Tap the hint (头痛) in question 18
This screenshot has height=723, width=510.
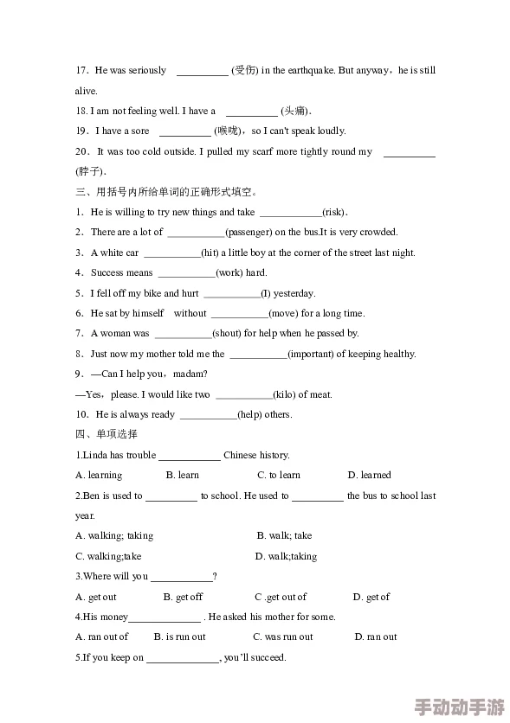[295, 111]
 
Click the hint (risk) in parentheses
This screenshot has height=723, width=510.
[334, 212]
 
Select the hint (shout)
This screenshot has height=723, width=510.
[227, 333]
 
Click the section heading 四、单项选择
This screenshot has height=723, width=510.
[107, 434]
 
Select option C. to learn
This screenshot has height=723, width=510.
[279, 475]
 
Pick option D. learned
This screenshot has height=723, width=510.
[370, 475]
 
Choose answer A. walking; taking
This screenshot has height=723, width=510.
[114, 535]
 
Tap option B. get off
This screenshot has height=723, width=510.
[183, 597]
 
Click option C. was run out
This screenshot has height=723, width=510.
[283, 637]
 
